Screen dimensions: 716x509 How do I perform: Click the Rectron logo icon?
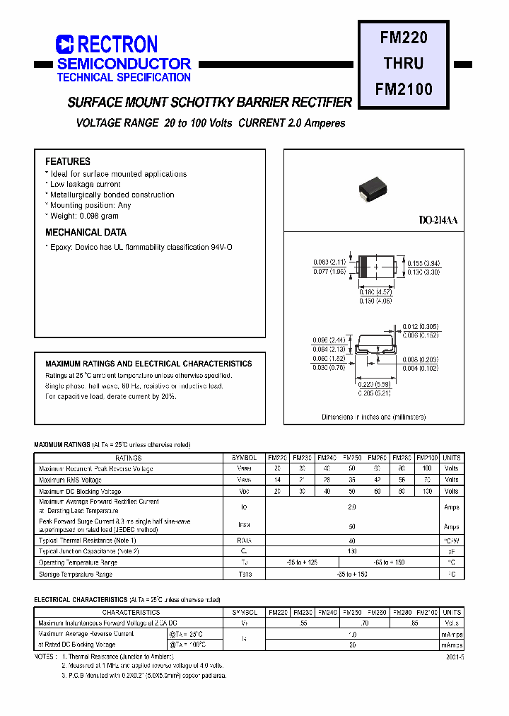coord(64,45)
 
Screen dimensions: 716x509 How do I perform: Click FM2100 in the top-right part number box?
coord(404,89)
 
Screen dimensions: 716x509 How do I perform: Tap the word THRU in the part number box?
coord(404,63)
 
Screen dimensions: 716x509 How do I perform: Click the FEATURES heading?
coord(68,161)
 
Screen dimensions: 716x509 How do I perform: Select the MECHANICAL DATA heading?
coord(86,232)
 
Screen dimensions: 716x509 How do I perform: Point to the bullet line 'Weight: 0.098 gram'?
coord(84,216)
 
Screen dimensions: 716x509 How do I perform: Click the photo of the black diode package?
coord(373,187)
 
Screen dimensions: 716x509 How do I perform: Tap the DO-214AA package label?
coord(438,221)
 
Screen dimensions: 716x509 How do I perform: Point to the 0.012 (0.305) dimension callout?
coord(422,326)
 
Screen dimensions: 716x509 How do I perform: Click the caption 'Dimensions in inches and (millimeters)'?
coord(374,417)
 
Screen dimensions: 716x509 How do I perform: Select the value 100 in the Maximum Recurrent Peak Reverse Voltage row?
coord(427,468)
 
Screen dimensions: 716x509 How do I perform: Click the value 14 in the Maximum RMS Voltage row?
coord(277,480)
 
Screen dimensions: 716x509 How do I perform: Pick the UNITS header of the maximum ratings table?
coord(452,458)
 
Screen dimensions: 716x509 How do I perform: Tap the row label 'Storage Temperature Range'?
coord(76,574)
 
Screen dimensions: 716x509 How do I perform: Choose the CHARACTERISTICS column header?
coord(131,612)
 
